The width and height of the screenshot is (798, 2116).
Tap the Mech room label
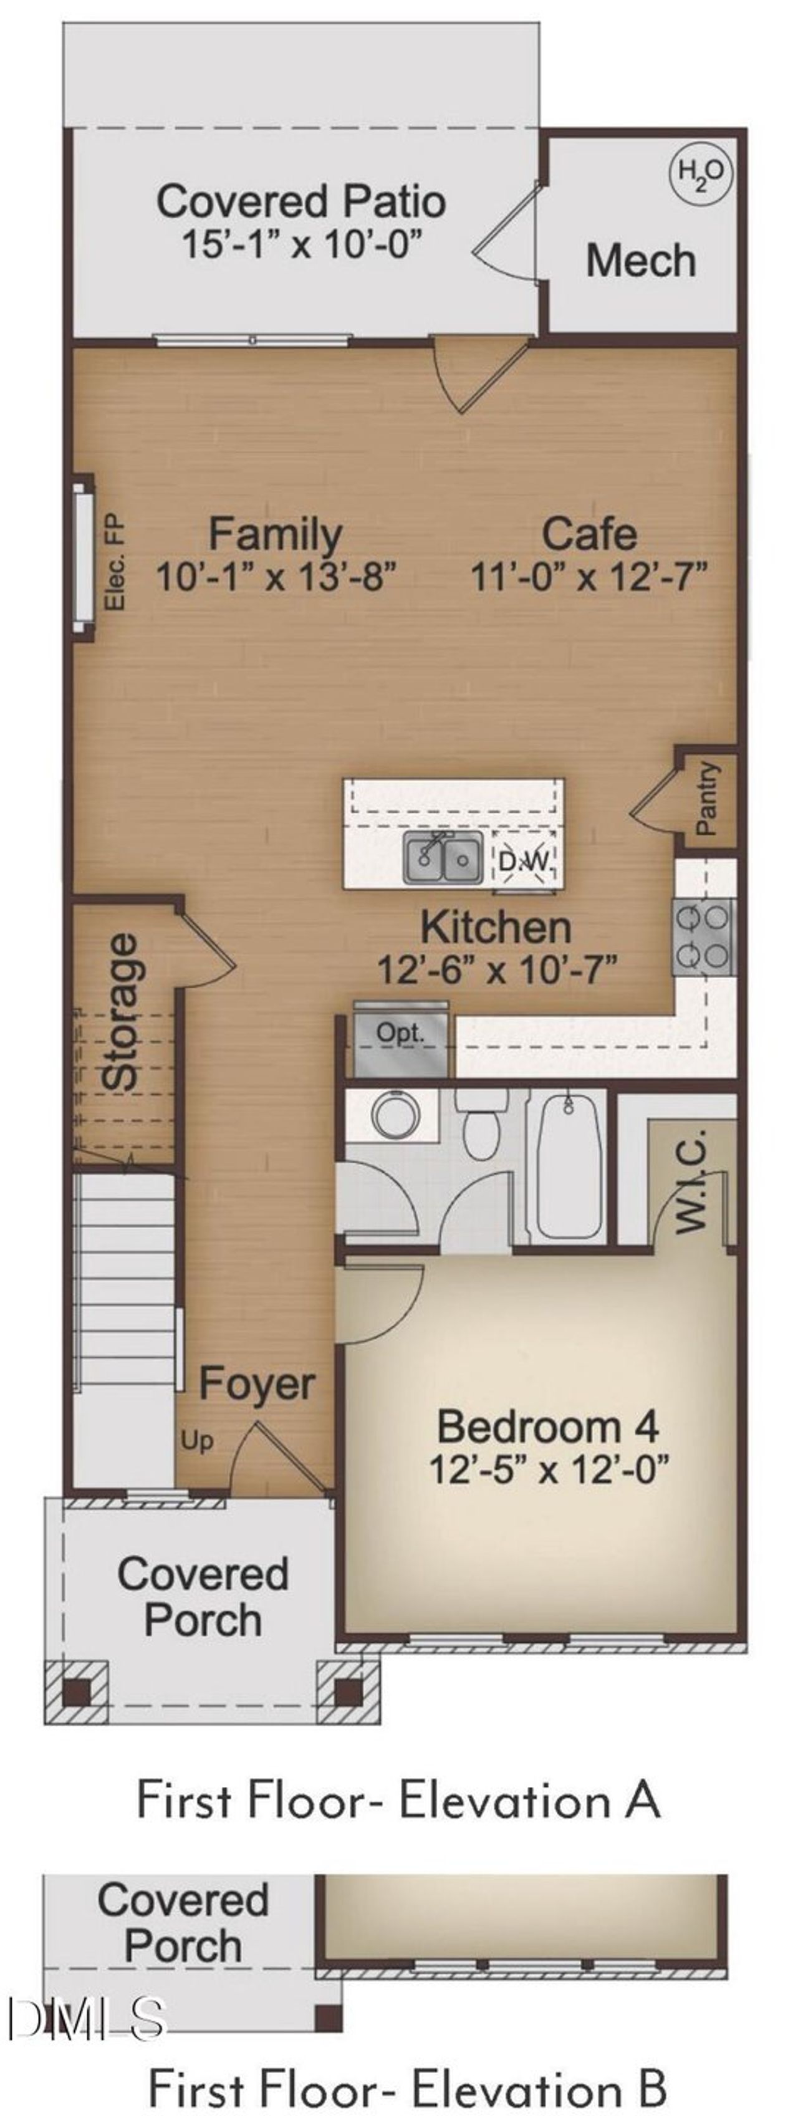(x=640, y=261)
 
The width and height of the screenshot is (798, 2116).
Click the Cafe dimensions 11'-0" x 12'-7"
(x=588, y=577)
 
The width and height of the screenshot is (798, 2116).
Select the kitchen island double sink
(x=443, y=858)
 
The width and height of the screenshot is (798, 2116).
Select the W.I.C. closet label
(x=692, y=1180)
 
